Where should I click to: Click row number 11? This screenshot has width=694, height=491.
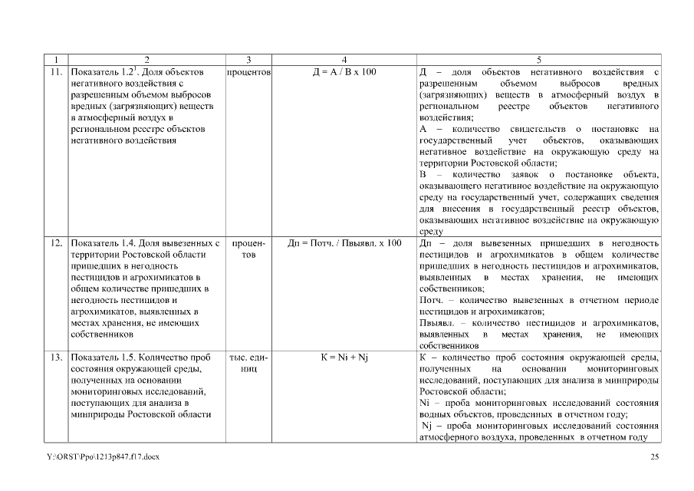pos(55,72)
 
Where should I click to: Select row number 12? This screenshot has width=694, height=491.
pos(55,243)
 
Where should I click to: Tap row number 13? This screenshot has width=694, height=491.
pos(55,358)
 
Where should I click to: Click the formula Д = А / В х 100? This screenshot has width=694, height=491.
pos(344,72)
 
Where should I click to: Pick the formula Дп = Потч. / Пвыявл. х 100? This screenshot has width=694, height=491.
pos(344,243)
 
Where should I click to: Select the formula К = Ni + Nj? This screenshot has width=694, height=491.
pos(344,358)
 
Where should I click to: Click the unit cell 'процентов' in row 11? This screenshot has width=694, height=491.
pos(248,72)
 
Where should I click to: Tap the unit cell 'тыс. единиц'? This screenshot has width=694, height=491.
pos(248,363)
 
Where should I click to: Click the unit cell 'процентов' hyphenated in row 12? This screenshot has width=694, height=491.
pos(248,249)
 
